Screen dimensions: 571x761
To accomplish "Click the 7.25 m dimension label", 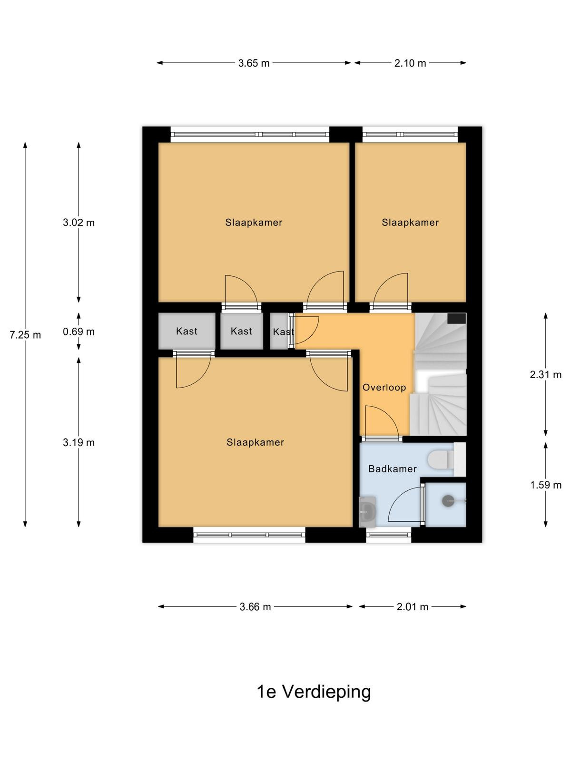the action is coord(25,335).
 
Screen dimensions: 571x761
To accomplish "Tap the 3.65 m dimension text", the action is coord(254,63).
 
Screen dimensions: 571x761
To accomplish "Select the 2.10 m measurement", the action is coord(410,63).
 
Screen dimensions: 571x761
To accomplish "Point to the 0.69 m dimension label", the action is coord(79,332).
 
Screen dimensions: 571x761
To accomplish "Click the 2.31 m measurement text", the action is coord(546,374).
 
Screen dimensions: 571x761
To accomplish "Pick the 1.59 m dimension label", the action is coord(546,485).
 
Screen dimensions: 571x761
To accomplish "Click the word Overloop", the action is coord(384,387).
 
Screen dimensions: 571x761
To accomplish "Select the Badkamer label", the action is coord(393,469).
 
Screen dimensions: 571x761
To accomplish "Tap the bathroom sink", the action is coord(367,511).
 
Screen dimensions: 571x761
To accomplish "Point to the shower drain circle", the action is coord(448,501).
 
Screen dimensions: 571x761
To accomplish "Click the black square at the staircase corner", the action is coord(457,319).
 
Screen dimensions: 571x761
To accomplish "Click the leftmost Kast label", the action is coord(187,331).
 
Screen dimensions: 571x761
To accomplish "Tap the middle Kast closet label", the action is coord(241,331).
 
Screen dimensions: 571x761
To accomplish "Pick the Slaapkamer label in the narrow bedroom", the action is coord(410,223).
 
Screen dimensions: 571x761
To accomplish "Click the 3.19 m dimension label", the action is coord(79,443).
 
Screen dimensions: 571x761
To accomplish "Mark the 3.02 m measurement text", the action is coord(79,223).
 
